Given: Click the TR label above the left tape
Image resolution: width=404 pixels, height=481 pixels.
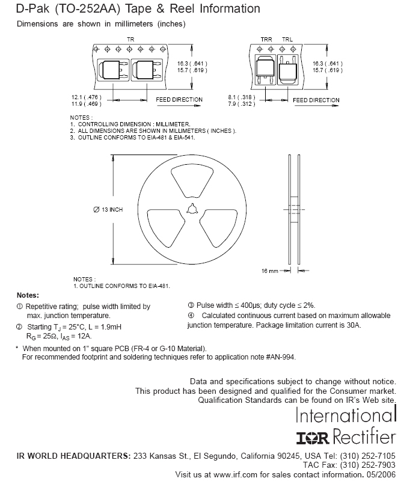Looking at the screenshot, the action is [x=130, y=40].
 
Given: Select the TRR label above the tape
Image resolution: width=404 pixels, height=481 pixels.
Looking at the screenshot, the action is [x=266, y=40].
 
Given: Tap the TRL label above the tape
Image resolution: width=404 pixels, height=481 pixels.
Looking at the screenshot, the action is [x=287, y=40].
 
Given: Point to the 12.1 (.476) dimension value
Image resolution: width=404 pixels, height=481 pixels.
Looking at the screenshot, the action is [x=86, y=97].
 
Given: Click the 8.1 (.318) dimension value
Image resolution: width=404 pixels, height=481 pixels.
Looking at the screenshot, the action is [x=242, y=97].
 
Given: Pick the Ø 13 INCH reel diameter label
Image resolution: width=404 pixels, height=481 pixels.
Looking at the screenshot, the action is [x=108, y=209].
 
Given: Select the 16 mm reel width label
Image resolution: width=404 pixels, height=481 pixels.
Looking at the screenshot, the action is [x=270, y=271].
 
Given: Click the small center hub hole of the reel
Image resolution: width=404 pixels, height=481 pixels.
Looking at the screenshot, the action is [x=192, y=209].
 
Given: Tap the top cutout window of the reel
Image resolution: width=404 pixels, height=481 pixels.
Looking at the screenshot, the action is [x=192, y=182].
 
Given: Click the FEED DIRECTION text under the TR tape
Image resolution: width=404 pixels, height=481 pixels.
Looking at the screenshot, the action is [x=179, y=100].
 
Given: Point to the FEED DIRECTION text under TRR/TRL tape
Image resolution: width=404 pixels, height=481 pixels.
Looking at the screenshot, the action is [x=316, y=100].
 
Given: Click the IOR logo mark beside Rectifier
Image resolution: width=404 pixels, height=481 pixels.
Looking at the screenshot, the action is [x=313, y=438].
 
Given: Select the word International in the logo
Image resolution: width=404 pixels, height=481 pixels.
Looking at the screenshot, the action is [x=346, y=415].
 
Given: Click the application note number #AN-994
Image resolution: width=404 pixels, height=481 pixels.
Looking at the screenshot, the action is [x=281, y=357].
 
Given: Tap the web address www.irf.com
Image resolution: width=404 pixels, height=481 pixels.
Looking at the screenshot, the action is [x=235, y=474].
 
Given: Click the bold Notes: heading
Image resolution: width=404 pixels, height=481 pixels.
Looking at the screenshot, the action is [x=28, y=295].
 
